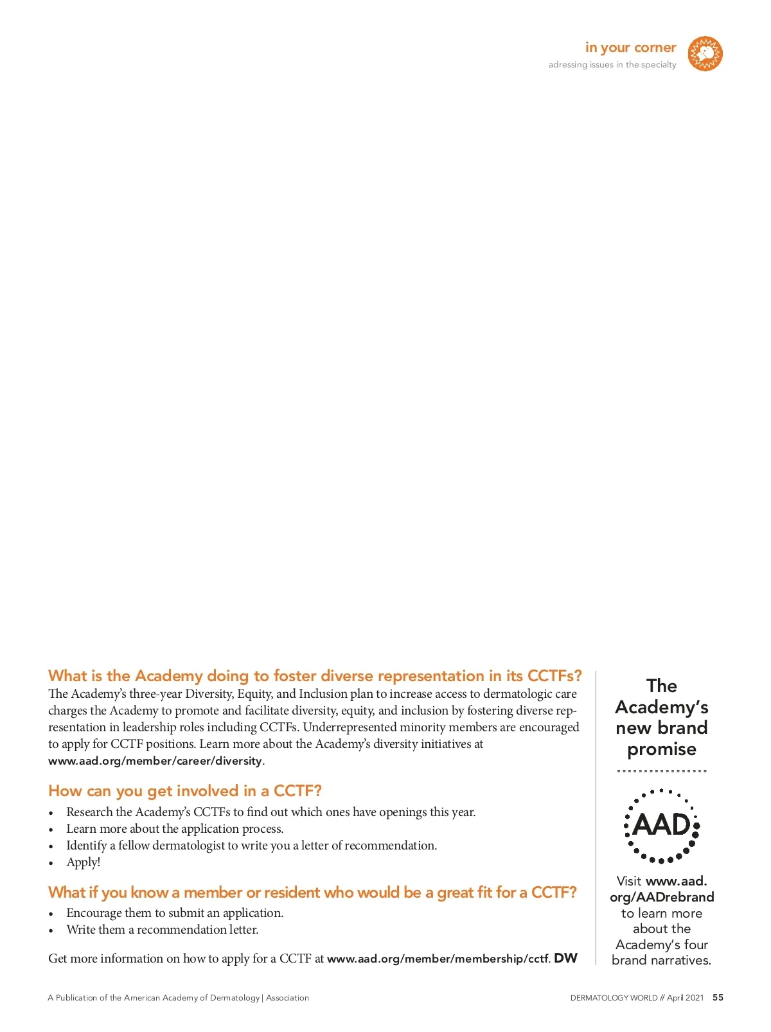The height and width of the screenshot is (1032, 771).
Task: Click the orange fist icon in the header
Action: click(x=705, y=54)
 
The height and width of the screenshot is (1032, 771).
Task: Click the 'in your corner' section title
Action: click(x=630, y=48)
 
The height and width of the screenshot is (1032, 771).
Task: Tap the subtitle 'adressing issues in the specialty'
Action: click(x=612, y=65)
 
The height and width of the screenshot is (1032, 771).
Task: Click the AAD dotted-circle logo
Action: click(x=662, y=826)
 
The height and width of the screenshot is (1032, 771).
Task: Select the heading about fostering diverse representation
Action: click(x=315, y=676)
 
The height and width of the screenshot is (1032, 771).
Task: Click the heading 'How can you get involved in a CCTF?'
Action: click(x=185, y=791)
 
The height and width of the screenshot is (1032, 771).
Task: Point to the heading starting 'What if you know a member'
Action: click(x=312, y=893)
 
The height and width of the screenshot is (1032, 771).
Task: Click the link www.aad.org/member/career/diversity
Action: click(x=155, y=761)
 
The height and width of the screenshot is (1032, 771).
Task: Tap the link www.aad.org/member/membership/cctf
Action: click(x=438, y=959)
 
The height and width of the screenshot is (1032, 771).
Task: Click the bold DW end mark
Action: click(x=565, y=958)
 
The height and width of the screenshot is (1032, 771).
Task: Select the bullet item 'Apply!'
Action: click(x=84, y=862)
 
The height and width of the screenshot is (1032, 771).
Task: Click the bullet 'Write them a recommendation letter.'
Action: click(x=163, y=930)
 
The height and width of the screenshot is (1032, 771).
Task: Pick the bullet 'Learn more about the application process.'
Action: click(x=175, y=829)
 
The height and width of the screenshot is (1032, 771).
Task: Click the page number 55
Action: click(x=718, y=997)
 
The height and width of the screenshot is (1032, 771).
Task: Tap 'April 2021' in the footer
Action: click(x=685, y=998)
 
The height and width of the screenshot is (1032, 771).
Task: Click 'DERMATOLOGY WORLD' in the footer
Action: click(x=614, y=998)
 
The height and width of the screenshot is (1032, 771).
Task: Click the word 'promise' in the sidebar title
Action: click(x=662, y=749)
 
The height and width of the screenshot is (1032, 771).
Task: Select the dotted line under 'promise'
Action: click(x=662, y=770)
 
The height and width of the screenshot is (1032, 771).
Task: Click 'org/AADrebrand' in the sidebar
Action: click(x=662, y=897)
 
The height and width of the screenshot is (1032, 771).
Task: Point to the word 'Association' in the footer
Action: click(x=287, y=998)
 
